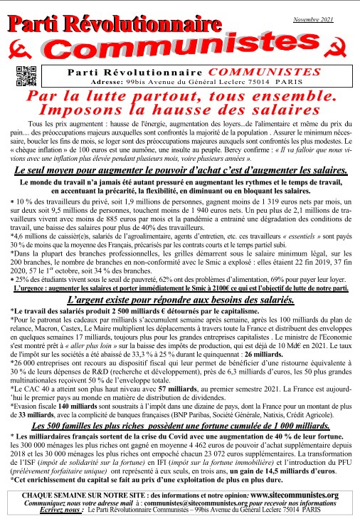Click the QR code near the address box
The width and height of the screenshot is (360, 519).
pyautogui.click(x=25, y=75)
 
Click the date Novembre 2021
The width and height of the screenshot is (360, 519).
pyautogui.click(x=316, y=20)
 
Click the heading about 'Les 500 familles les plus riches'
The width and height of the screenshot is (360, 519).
pyautogui.click(x=180, y=424)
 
